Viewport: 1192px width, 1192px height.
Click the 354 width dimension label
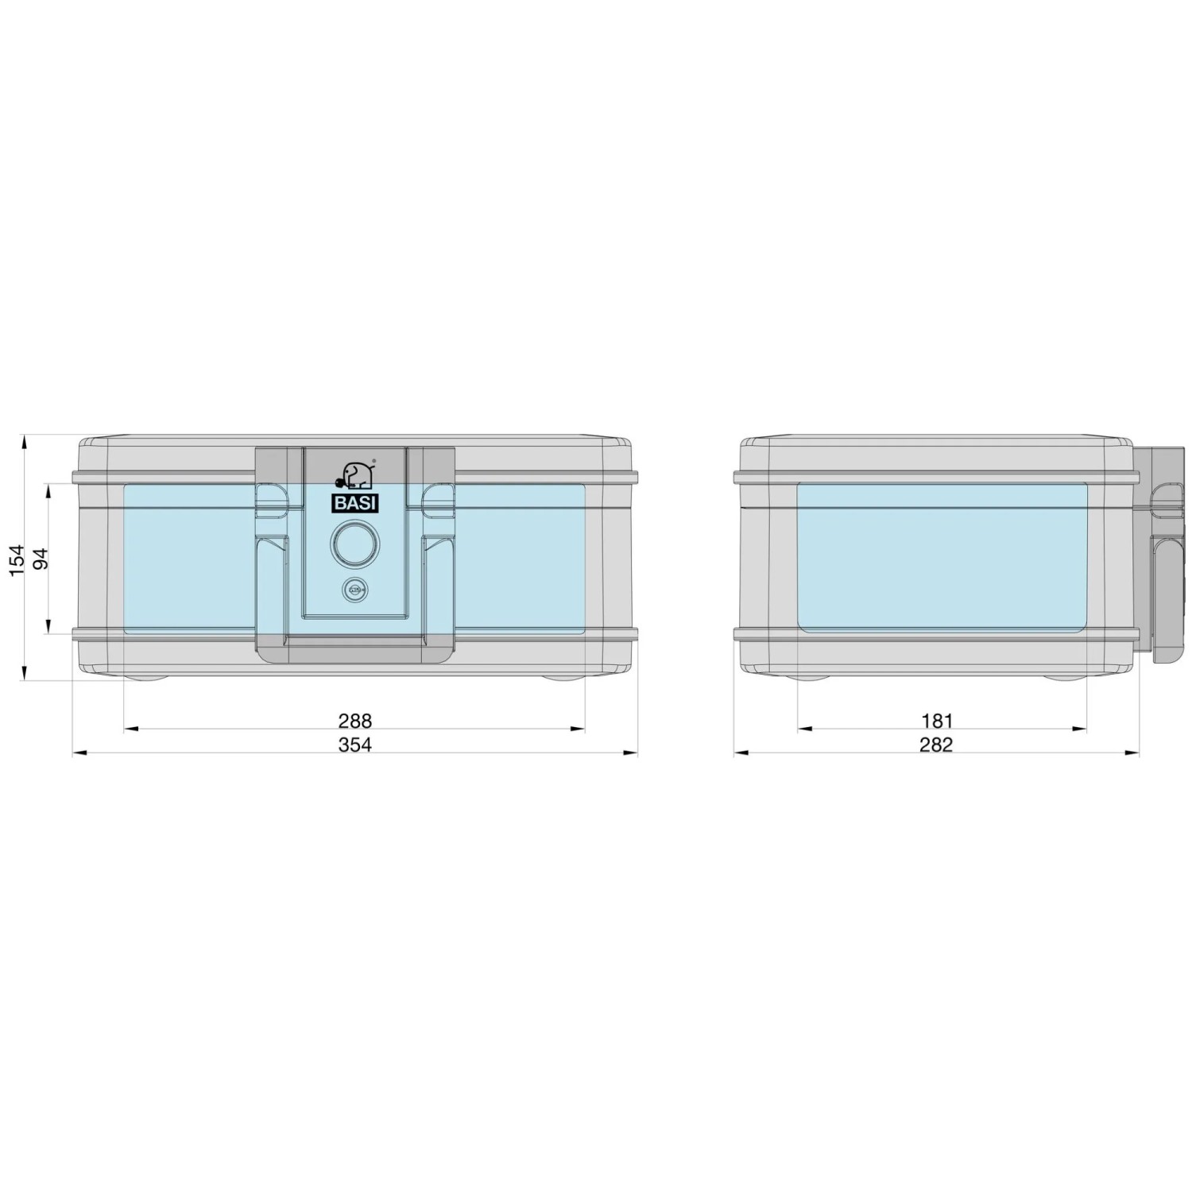[355, 745]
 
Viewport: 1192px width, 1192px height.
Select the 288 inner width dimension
[355, 721]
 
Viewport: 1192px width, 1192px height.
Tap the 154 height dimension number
[17, 559]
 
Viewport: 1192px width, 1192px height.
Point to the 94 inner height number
[41, 559]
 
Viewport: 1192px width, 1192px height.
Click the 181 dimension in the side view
[937, 721]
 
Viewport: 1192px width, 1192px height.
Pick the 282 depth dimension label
[936, 745]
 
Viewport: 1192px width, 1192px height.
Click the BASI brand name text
[355, 504]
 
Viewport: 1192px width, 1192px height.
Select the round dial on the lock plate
[355, 544]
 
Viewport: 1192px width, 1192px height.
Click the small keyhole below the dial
[355, 590]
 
